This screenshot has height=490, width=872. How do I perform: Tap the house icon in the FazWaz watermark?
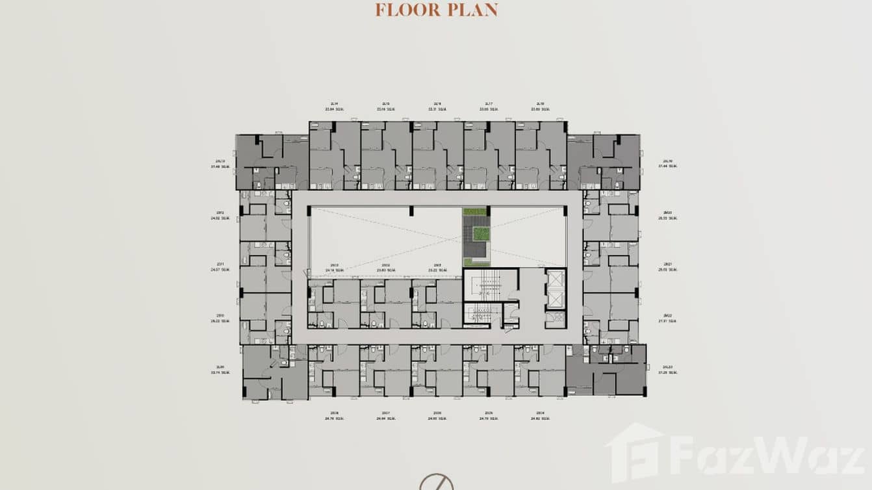click(x=634, y=453)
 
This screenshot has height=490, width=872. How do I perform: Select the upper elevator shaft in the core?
click(x=556, y=278)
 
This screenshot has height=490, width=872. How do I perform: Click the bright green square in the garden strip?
click(x=481, y=233)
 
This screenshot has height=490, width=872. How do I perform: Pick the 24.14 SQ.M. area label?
click(x=334, y=270)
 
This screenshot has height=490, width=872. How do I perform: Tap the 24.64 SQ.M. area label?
click(x=386, y=419)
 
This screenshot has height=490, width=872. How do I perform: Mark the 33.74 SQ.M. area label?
click(x=222, y=372)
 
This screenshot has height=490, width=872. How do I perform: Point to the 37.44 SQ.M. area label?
click(x=667, y=166)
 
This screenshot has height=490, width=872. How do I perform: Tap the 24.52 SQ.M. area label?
click(x=222, y=218)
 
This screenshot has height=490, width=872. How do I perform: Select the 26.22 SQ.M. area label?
click(x=222, y=321)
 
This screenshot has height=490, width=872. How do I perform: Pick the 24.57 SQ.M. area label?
click(x=222, y=269)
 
